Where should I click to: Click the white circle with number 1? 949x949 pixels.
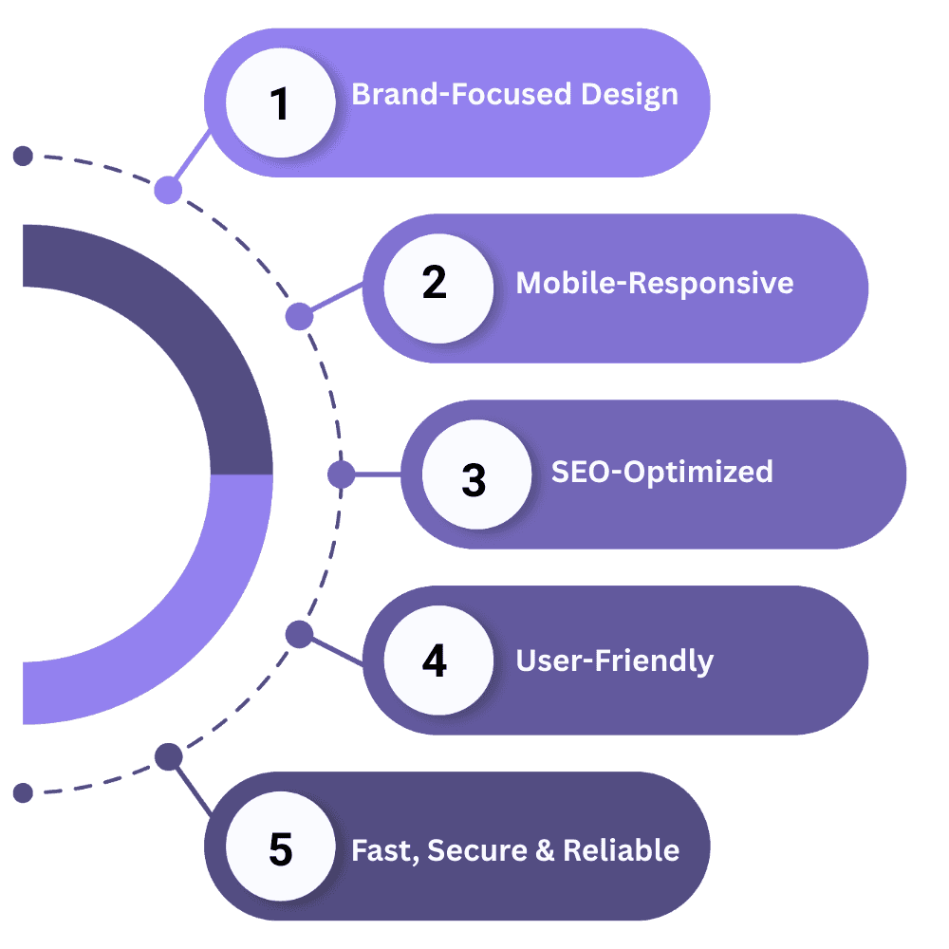[280, 102]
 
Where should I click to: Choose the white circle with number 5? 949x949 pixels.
[280, 847]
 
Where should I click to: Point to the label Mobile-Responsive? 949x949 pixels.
[654, 283]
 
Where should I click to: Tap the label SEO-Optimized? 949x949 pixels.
[661, 472]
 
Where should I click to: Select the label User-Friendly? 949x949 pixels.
[614, 660]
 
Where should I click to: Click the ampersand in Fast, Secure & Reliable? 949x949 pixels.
[544, 849]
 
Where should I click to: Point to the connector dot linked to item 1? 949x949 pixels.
[168, 190]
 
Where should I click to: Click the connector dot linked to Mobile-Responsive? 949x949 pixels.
[299, 316]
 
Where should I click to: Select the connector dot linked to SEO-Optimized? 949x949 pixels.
[341, 474]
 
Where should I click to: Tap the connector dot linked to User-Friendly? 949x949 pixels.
[299, 633]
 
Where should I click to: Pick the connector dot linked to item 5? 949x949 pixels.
[168, 757]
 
